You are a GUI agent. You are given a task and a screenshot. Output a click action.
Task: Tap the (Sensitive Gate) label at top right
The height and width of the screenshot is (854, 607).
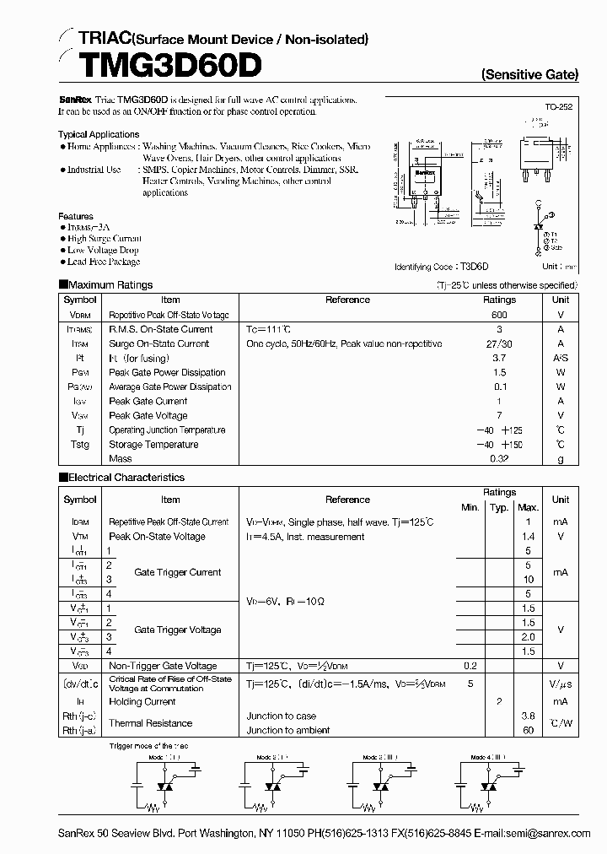[529, 74]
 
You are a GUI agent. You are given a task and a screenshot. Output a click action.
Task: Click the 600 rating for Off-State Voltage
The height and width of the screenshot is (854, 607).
[499, 315]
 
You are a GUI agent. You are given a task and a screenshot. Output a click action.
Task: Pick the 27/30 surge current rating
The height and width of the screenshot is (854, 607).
[499, 343]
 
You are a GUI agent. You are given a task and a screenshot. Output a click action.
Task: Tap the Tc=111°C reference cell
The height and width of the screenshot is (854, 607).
[269, 329]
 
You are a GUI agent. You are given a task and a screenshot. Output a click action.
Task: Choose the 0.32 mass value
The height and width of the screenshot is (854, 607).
[499, 459]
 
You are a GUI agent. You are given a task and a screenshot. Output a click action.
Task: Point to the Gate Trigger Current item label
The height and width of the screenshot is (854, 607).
[177, 572]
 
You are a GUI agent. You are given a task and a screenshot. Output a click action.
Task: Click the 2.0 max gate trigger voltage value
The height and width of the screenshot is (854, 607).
[528, 637]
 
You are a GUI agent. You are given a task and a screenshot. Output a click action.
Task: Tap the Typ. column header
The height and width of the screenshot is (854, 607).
[499, 507]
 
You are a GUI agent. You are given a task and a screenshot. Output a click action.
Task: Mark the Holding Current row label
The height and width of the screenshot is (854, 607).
[142, 702]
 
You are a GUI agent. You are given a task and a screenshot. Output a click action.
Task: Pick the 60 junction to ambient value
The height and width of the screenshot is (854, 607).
[528, 731]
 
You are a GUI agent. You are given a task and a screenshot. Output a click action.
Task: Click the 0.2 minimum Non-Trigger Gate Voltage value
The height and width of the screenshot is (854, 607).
[470, 667]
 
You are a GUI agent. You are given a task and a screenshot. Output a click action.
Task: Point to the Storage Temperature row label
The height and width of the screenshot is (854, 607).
[153, 445]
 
